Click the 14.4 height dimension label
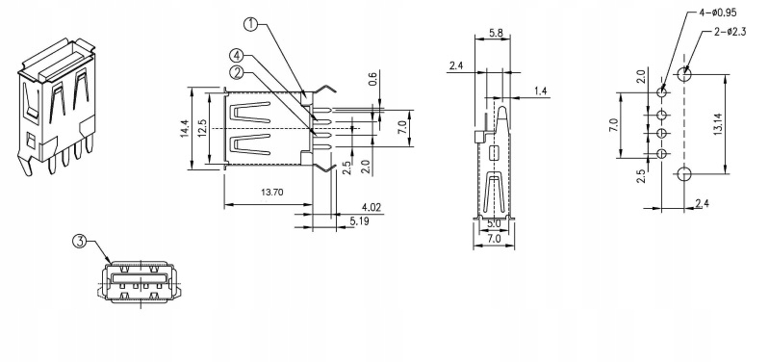tap(185, 129)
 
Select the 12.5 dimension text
tap(202, 129)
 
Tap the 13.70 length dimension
tap(271, 193)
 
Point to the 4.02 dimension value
tap(372, 207)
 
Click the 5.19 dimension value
tap(360, 221)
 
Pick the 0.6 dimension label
tap(372, 79)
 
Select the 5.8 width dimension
tap(496, 34)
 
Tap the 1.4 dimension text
tap(541, 90)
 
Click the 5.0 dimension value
tap(494, 223)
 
